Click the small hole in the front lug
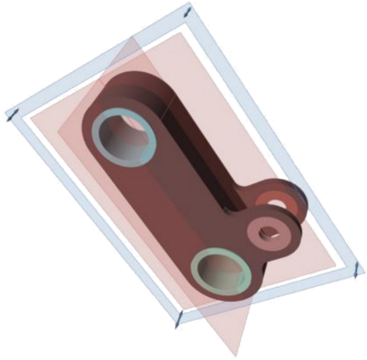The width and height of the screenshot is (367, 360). pyautogui.click(x=267, y=232)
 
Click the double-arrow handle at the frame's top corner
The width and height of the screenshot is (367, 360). pyautogui.click(x=186, y=11)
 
